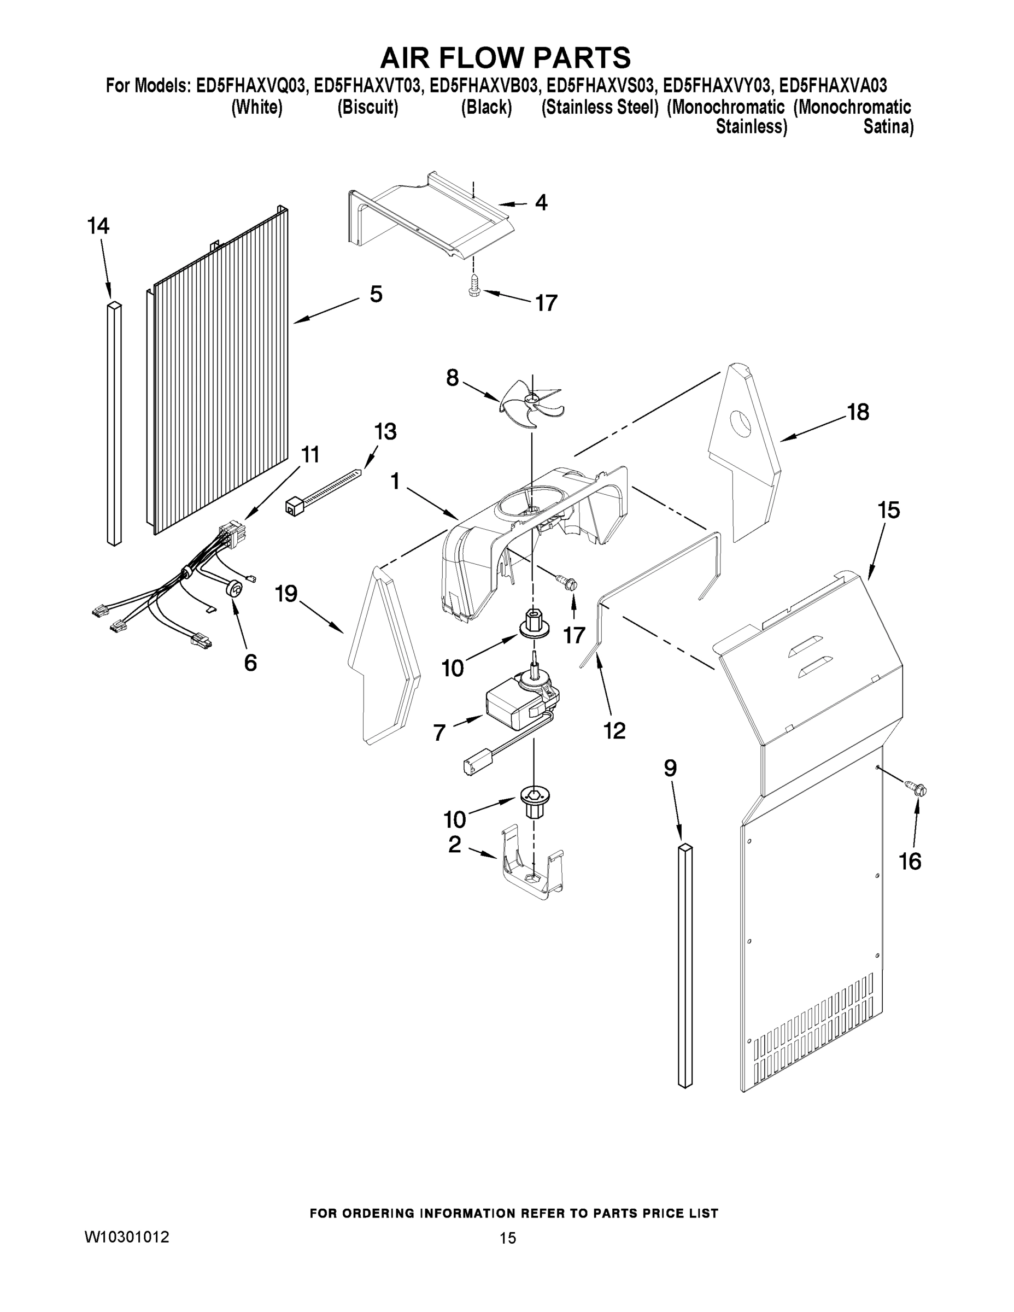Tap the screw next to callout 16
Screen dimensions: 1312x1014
[917, 784]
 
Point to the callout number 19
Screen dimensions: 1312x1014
[286, 594]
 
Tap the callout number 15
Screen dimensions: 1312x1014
[888, 510]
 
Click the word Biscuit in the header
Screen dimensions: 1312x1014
[368, 108]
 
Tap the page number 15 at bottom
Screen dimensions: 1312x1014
[508, 1238]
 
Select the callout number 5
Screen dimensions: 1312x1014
[376, 294]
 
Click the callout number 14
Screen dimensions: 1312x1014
[98, 226]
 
